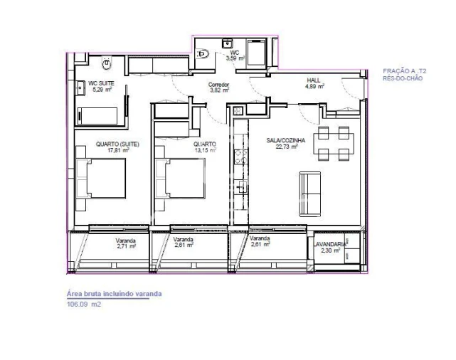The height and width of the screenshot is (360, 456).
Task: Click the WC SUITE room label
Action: point(100,84)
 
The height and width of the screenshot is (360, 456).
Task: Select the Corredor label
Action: point(218,85)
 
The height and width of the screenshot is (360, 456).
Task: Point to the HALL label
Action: point(314,80)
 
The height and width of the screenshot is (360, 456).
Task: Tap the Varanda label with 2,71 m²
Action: point(126,240)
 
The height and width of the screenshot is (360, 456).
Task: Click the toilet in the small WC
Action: point(203,52)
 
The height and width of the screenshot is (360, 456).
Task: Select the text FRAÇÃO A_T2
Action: point(405,72)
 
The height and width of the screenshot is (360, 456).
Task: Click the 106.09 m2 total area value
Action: point(84,304)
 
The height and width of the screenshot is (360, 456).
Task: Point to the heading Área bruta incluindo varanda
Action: point(114,294)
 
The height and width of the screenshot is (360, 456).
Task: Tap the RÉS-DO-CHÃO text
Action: point(403,78)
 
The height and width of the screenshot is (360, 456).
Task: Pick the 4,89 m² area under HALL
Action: point(314,87)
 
